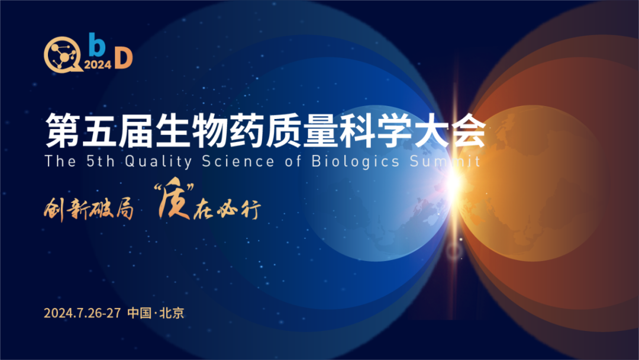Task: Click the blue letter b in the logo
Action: point(97,44)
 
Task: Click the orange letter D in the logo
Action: point(124,58)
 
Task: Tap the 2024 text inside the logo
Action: point(98,65)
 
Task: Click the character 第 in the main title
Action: point(62,130)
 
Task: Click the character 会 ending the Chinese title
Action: point(469,130)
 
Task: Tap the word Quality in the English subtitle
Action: point(159,162)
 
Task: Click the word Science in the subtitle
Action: point(238,162)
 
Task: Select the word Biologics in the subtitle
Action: point(356,162)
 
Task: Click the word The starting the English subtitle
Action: point(60,162)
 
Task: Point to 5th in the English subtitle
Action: point(101,162)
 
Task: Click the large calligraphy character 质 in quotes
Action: point(175,198)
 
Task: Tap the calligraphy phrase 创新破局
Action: point(89,209)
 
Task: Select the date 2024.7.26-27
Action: point(82,313)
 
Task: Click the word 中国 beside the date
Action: point(140,313)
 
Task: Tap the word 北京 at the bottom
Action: point(172,313)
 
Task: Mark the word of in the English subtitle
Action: point(293,162)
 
